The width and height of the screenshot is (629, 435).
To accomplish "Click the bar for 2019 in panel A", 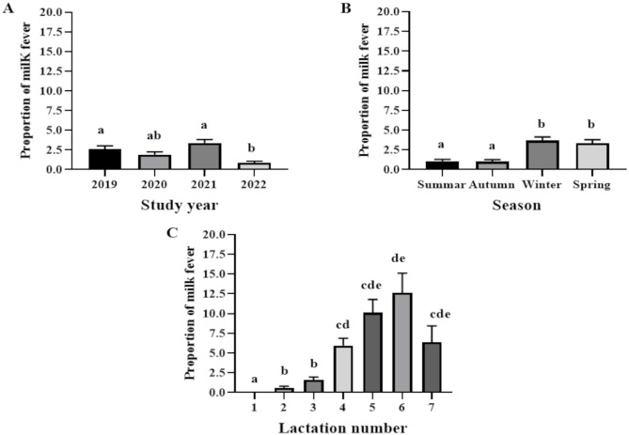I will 104,160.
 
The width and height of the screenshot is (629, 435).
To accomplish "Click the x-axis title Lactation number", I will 343,427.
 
